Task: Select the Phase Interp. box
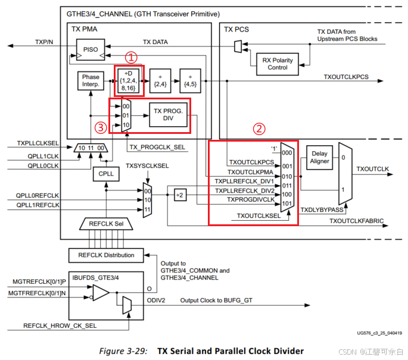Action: [91, 82]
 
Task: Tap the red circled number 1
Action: [131, 58]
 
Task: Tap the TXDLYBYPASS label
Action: [322, 210]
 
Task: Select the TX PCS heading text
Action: [236, 29]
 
